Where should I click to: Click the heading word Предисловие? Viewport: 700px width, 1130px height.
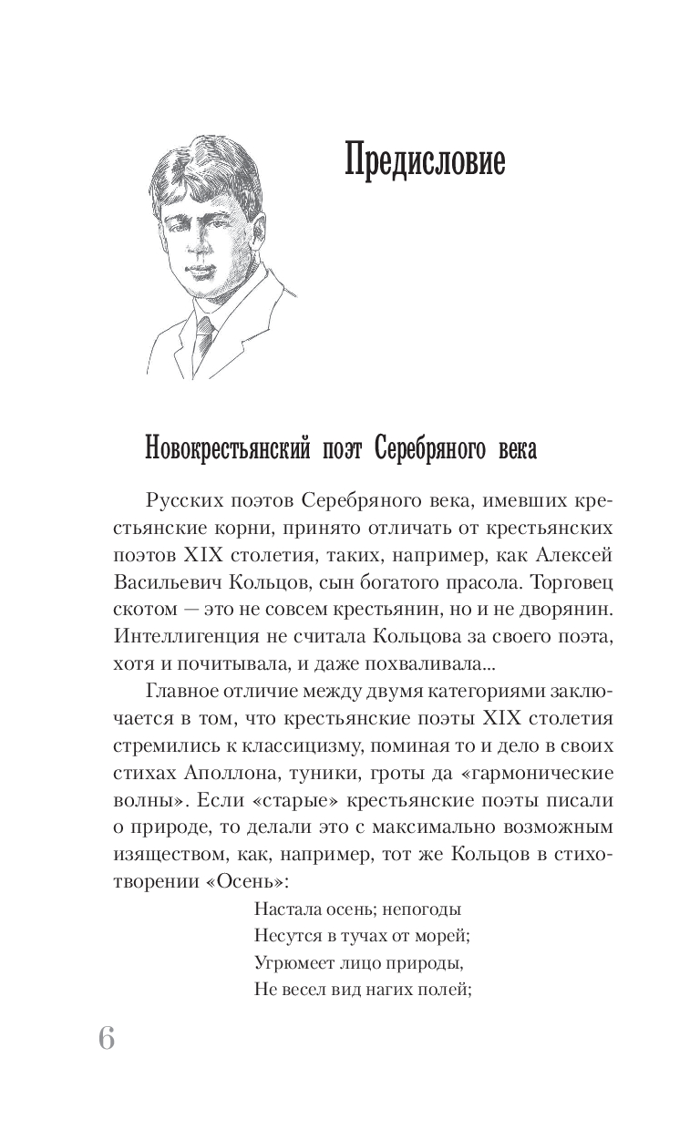(425, 163)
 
